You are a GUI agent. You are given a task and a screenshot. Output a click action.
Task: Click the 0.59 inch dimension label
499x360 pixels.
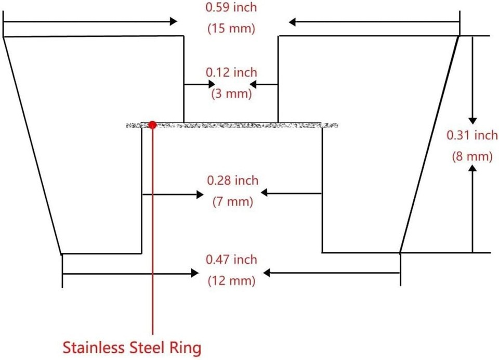pos(231,7)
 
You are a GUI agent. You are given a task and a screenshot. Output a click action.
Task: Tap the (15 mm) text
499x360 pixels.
pos(231,29)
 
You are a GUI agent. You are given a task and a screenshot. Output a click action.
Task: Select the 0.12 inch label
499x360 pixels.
pos(231,73)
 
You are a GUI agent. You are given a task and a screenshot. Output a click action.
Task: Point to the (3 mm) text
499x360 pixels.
pos(231,94)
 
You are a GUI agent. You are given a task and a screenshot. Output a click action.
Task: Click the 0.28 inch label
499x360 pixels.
pos(233,181)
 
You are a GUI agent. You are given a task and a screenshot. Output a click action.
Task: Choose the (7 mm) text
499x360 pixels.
pos(233,202)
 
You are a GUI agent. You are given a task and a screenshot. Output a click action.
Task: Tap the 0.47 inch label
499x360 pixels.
pos(231,260)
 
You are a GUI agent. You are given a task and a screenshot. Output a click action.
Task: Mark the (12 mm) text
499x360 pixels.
pos(231,281)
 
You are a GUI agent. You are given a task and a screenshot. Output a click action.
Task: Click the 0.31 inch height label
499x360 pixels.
pos(472,135)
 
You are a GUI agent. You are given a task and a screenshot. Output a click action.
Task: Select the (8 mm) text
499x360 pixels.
pos(472,157)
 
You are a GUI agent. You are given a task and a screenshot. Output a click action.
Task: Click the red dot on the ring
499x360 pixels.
pos(152,124)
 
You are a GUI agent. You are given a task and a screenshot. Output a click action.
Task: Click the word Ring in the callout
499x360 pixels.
pos(186,348)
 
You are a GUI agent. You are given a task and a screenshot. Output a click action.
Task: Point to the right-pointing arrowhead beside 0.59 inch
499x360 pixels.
pos(173,21)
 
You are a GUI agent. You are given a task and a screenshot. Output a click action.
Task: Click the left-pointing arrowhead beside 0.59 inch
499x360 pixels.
pos(293,22)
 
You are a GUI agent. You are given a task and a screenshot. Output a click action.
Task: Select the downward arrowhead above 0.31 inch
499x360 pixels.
pos(472,121)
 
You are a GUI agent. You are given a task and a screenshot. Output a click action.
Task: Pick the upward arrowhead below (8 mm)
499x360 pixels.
pos(473,170)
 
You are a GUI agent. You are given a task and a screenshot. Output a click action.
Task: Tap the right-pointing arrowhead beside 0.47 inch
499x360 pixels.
pos(195,273)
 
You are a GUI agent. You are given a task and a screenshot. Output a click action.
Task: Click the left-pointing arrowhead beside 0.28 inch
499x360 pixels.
pos(265,192)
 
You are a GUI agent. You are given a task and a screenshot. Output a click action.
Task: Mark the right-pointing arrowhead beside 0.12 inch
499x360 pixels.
pos(212,84)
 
